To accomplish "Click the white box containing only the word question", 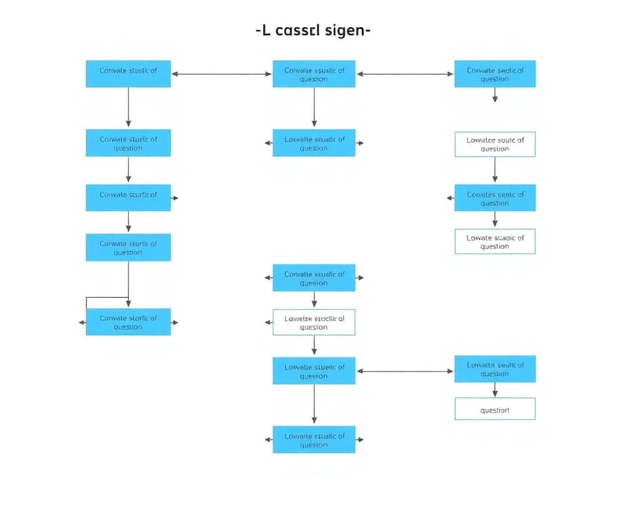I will [x=494, y=409].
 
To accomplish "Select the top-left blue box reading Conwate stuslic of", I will [x=128, y=74].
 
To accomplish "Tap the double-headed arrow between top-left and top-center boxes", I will [x=221, y=74].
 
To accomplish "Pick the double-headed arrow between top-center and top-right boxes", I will [x=404, y=74].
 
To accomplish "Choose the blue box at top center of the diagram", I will [x=313, y=74].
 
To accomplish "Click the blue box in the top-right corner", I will [x=494, y=74].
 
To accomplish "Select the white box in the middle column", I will [x=313, y=322].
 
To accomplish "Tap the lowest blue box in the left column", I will [x=128, y=322].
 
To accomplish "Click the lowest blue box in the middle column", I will [x=313, y=440].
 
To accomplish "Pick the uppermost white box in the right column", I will [x=494, y=144].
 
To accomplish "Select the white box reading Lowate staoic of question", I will [x=494, y=242].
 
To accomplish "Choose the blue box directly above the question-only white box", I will [x=494, y=369].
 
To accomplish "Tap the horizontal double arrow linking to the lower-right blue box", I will [x=404, y=371].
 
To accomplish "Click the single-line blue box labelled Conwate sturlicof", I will [x=128, y=197].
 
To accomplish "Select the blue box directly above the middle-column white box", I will [x=313, y=278].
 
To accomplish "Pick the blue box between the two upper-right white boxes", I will [x=494, y=198].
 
